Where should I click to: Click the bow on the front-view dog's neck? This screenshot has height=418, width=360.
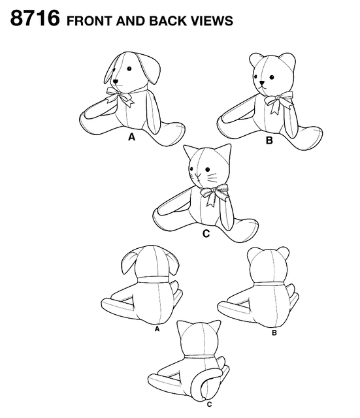[x=122, y=98]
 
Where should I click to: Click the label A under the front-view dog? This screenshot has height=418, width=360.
[x=131, y=138]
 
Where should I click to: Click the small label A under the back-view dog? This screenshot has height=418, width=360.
[x=157, y=330]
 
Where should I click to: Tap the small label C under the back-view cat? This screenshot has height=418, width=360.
[x=208, y=406]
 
